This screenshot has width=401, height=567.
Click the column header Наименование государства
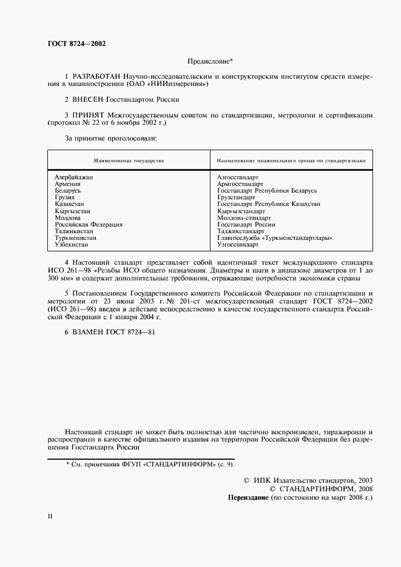[x=129, y=161]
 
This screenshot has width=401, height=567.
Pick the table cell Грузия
[x=64, y=197]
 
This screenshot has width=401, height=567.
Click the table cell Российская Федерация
[x=88, y=224]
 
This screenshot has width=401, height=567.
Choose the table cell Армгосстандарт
[x=240, y=184]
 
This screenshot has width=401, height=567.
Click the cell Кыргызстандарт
[x=241, y=211]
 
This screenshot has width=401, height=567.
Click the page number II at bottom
[x=50, y=517]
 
